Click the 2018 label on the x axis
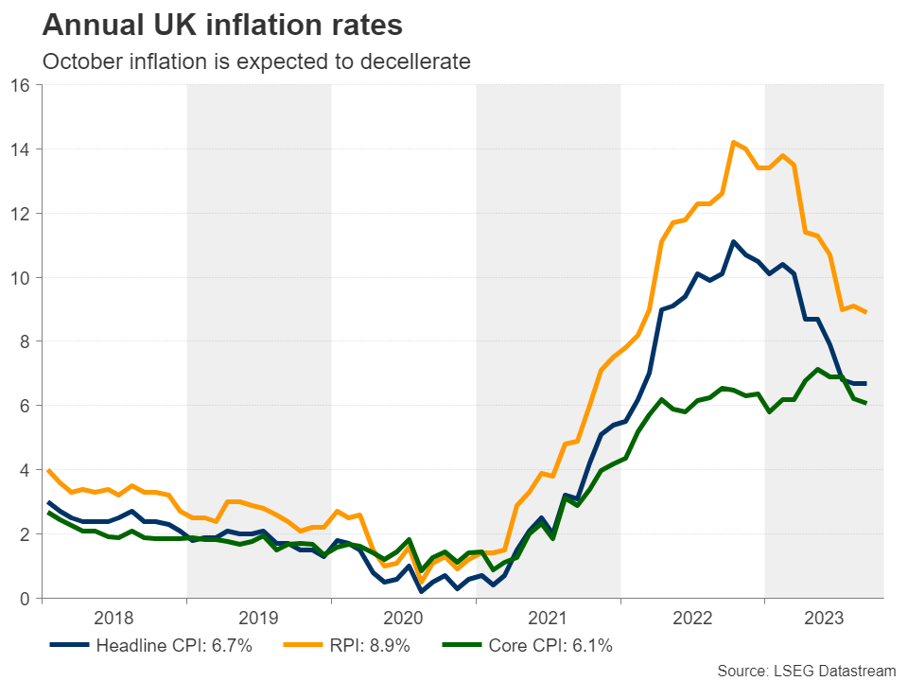[114, 619]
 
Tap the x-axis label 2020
[404, 619]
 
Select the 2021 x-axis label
[549, 619]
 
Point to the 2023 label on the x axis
[824, 619]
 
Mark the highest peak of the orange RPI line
[733, 142]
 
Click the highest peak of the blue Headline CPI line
[733, 241]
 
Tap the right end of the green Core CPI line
[865, 403]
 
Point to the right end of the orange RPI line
[865, 312]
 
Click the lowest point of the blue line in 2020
[420, 591]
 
